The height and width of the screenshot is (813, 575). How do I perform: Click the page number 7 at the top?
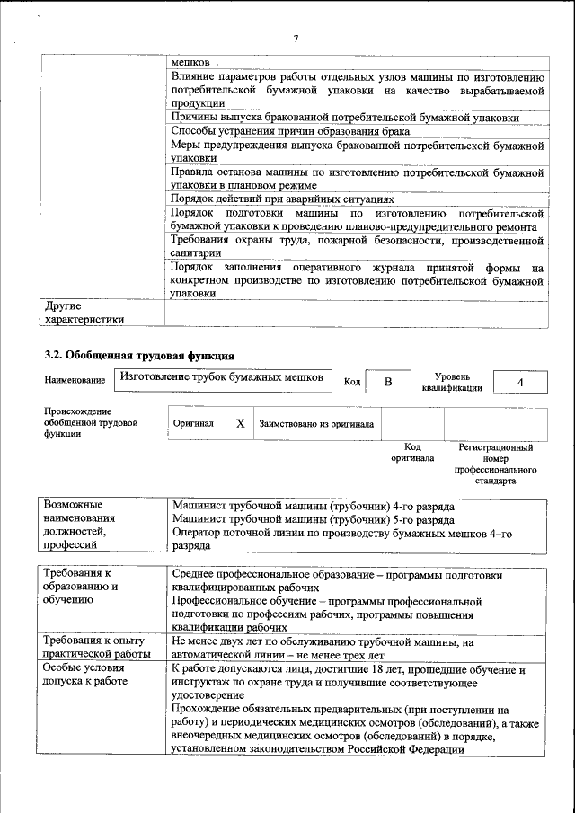(295, 39)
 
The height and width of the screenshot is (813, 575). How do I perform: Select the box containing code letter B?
(388, 382)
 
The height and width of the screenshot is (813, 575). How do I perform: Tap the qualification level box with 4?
(520, 382)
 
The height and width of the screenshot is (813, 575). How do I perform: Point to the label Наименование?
(74, 381)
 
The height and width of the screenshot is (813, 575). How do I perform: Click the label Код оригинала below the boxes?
(411, 452)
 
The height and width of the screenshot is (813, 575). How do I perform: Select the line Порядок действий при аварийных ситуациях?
(282, 198)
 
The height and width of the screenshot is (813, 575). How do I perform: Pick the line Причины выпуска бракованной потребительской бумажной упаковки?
(344, 117)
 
